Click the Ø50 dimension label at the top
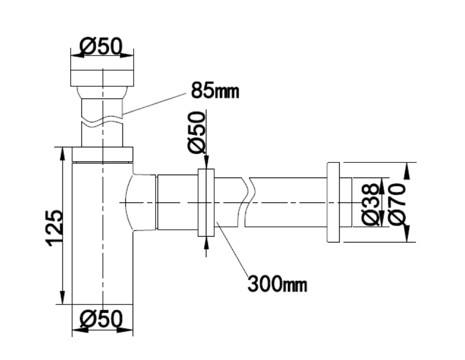(101, 46)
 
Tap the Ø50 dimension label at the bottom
(101, 319)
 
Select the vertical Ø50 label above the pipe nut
(197, 132)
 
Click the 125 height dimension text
(54, 228)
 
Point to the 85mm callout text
(215, 90)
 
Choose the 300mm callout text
(277, 284)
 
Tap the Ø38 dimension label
(371, 204)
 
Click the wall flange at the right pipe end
(333, 202)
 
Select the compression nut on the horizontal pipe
(206, 202)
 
